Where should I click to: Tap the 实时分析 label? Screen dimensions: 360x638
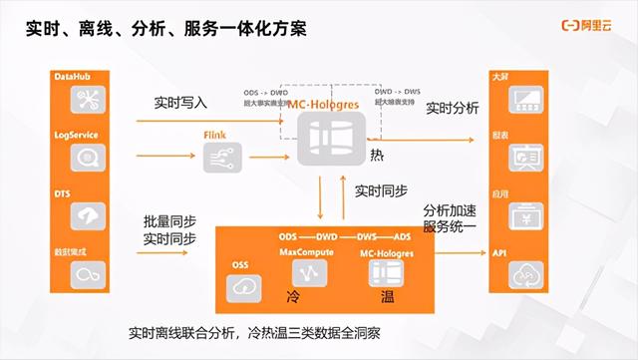point(452,107)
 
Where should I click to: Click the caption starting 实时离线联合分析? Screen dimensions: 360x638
point(264,331)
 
